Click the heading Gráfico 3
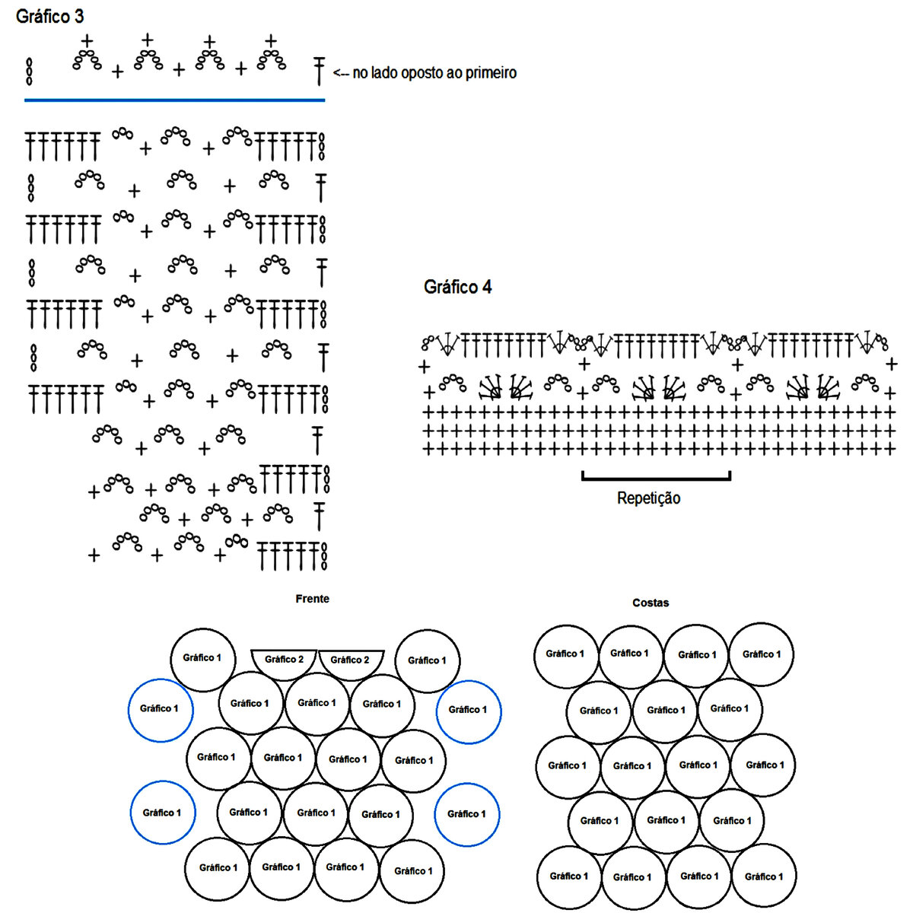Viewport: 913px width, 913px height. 49,16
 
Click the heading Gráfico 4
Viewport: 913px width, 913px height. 457,287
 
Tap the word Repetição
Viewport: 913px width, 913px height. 648,498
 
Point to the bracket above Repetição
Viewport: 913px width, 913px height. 656,479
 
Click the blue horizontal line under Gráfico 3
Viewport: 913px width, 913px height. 174,100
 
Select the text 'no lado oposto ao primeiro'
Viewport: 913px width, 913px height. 434,73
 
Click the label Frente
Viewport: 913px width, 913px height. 312,599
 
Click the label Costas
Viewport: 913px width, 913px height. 651,603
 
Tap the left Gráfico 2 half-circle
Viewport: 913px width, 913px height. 285,661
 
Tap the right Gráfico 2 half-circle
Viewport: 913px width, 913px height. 350,661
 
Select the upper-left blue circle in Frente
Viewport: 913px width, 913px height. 161,709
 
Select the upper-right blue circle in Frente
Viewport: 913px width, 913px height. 468,711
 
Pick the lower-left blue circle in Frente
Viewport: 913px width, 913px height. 162,813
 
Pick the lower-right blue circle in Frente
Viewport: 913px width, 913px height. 466,814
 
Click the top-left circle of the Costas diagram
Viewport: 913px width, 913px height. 565,654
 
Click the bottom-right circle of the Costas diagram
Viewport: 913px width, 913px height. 763,876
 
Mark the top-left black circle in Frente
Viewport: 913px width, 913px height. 202,659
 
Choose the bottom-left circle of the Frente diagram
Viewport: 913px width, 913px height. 218,868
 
